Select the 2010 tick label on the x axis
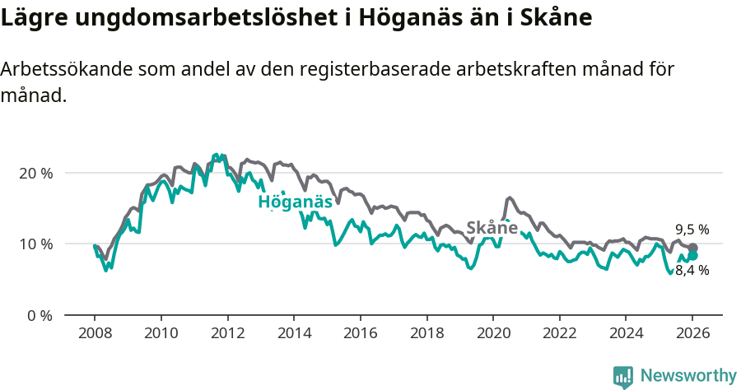(x=161, y=335)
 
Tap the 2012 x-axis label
(x=227, y=335)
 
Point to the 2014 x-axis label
(x=294, y=335)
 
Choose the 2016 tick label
(x=360, y=335)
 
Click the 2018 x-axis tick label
(x=426, y=335)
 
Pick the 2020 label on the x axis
(x=493, y=335)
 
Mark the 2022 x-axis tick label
(x=560, y=335)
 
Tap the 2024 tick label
(x=626, y=335)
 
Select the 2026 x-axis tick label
(x=692, y=335)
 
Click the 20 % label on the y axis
(x=35, y=174)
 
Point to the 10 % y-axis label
(x=35, y=244)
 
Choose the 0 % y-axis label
(x=39, y=315)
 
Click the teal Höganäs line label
(x=295, y=202)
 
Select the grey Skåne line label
(x=492, y=228)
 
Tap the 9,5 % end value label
(x=692, y=230)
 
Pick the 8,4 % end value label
(x=692, y=270)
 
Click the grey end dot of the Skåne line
(x=693, y=248)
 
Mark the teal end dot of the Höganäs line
(x=693, y=256)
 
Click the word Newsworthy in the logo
(x=688, y=376)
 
